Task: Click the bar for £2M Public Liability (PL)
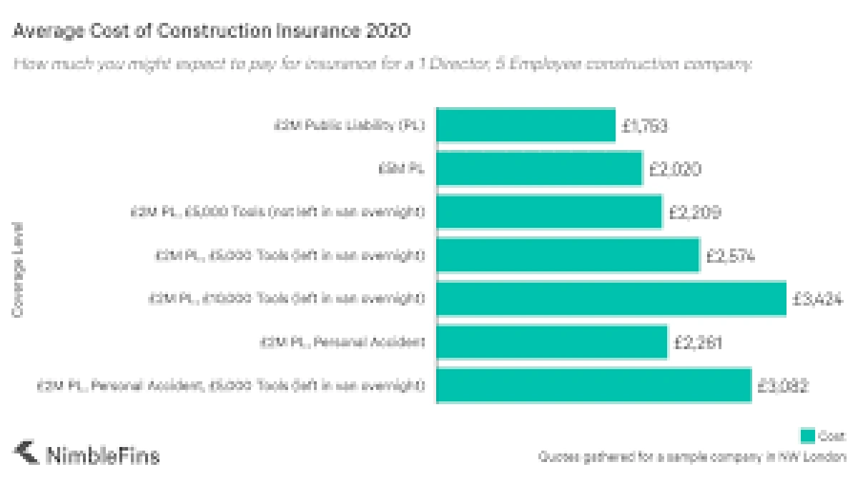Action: (526, 126)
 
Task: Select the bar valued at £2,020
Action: (539, 169)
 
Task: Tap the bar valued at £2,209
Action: (549, 212)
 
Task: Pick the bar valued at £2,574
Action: (568, 256)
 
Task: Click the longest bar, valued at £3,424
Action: (611, 299)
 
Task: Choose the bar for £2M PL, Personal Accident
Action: (551, 343)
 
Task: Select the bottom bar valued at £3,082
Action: (593, 386)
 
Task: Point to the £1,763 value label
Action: (644, 126)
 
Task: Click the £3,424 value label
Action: (817, 300)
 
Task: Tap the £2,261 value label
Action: (698, 343)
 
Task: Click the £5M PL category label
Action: (402, 169)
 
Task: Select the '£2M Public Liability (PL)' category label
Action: (350, 126)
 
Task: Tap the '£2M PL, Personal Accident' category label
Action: (342, 343)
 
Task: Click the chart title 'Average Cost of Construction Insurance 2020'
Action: (212, 31)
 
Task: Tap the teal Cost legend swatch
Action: (807, 436)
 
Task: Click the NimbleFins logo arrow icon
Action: (26, 453)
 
